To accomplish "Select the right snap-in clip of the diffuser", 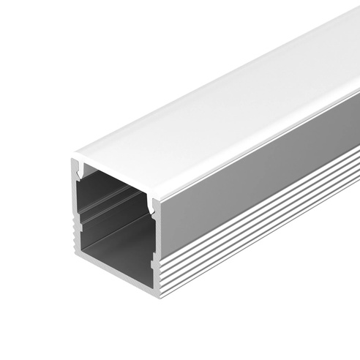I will [x=153, y=204].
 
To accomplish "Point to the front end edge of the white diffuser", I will [x=117, y=176].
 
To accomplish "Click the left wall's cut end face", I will [x=76, y=212].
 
